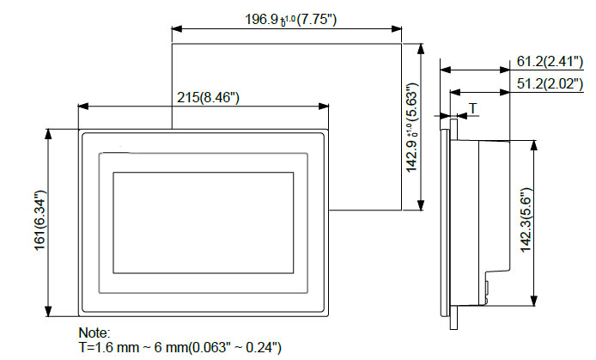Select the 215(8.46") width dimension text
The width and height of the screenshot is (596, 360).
(x=208, y=97)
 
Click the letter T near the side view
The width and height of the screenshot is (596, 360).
(x=472, y=108)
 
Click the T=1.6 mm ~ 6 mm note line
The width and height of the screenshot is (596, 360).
(x=179, y=346)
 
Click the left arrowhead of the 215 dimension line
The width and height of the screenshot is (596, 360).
(x=81, y=107)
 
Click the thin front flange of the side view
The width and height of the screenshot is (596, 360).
(x=442, y=223)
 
